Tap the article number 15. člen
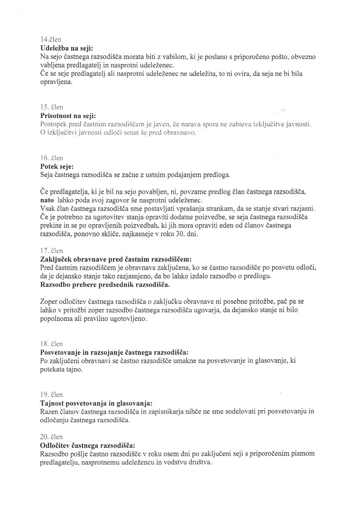(51, 107)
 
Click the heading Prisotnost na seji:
(68, 115)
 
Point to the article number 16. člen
(51, 158)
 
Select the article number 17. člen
(51, 251)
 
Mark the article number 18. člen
(51, 344)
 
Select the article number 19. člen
(51, 394)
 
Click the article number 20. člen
(51, 437)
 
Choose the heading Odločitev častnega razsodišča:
(88, 445)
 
